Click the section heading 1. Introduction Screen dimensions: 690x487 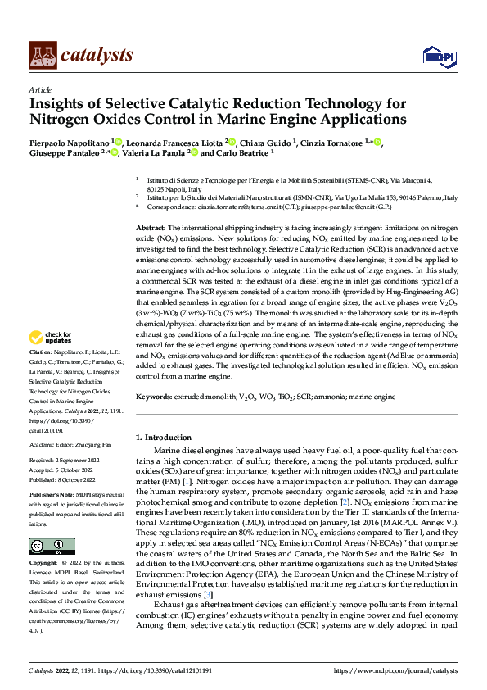click(163, 438)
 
